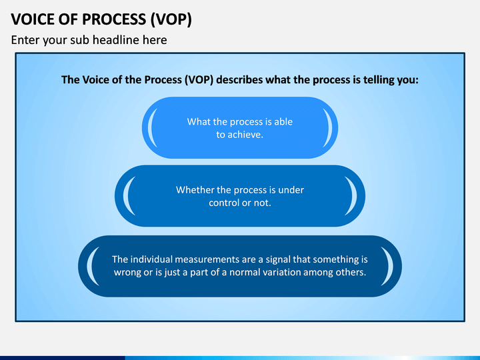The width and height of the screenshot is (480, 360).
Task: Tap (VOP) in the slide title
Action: pyautogui.click(x=171, y=20)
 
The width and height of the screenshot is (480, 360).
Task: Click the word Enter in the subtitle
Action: pyautogui.click(x=25, y=40)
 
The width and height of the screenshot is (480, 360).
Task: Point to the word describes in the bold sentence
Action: pyautogui.click(x=239, y=79)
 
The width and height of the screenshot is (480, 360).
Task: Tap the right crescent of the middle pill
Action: pyautogui.click(x=352, y=196)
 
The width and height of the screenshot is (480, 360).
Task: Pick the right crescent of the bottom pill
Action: pyautogui.click(x=389, y=266)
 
